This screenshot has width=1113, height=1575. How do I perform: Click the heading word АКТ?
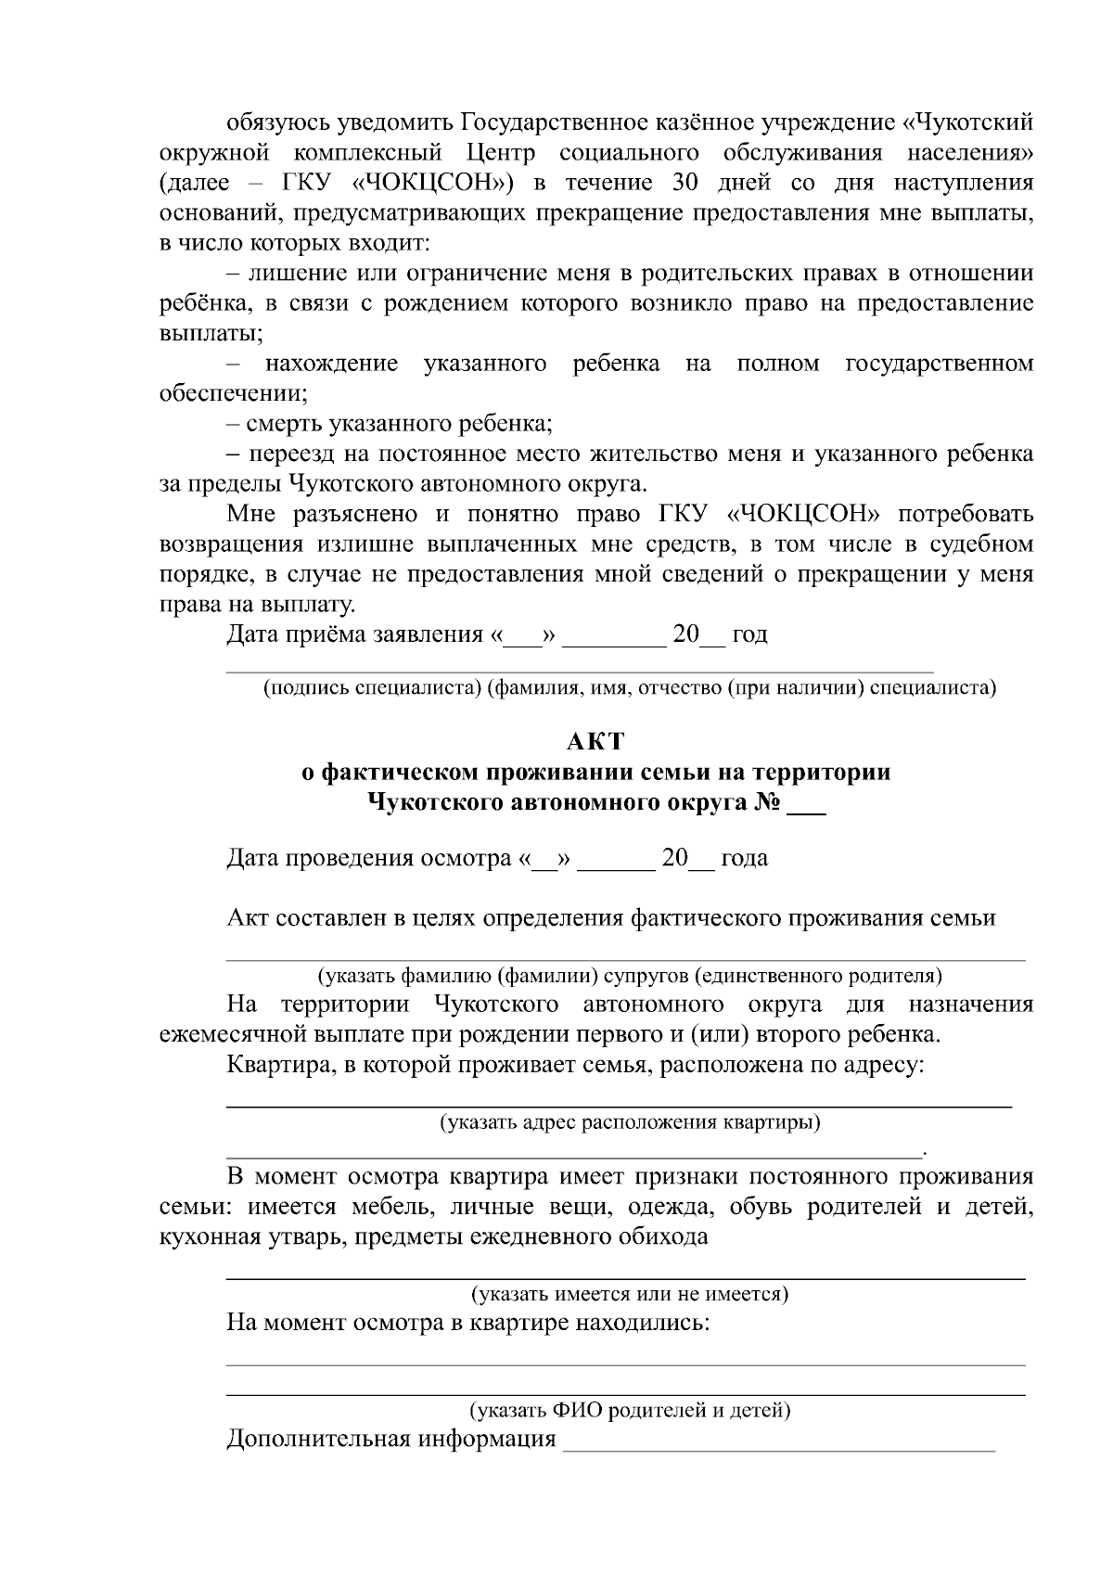[595, 742]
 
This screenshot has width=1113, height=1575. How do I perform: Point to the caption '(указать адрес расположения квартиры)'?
[630, 1123]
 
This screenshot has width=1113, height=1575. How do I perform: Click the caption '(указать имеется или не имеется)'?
[630, 1293]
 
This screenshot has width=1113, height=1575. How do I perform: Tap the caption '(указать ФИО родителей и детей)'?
[630, 1411]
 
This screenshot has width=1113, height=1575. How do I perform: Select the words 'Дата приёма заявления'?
[355, 635]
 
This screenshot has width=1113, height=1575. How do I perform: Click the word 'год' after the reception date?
[749, 635]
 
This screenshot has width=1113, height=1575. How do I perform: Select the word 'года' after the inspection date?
[744, 858]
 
